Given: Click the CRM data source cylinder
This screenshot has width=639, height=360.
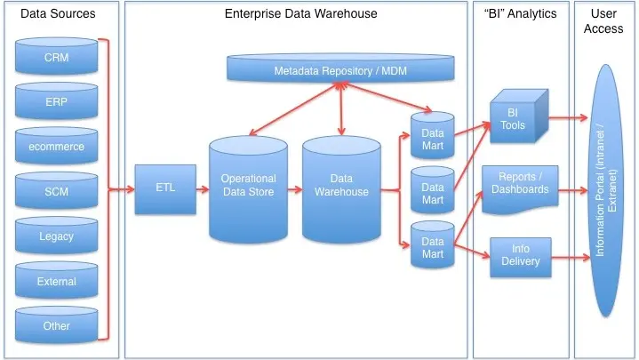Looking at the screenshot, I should point(57,59).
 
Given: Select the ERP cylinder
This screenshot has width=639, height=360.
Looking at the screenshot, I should point(57,103).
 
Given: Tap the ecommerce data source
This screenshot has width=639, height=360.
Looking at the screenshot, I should point(57,147).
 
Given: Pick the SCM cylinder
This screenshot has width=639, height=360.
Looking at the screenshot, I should point(57,192).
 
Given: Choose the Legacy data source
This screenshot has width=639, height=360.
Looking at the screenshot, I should point(57,236).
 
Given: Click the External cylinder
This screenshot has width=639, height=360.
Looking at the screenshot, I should point(57,282).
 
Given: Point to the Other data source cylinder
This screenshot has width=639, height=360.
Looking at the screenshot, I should point(57,326).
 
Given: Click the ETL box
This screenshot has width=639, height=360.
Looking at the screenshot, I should point(165,188).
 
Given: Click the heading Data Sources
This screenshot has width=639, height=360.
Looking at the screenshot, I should point(58,14).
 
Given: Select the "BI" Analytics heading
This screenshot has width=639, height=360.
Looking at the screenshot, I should point(520,14).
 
